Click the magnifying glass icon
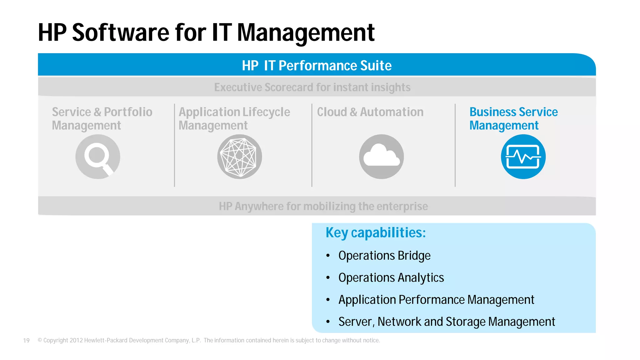(98, 157)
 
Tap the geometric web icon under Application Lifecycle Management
(239, 157)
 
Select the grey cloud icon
(381, 157)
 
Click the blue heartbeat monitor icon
(523, 157)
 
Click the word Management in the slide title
(306, 33)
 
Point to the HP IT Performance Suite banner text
(317, 66)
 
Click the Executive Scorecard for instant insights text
(312, 87)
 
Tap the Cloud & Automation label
(370, 112)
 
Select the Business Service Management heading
(513, 118)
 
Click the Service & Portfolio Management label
(102, 118)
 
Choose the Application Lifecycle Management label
(234, 118)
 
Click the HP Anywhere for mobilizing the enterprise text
(323, 206)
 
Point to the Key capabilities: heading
(376, 232)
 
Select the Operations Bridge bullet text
(384, 256)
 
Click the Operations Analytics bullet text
(391, 277)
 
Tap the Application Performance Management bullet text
(436, 300)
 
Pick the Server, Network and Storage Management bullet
(447, 322)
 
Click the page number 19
(26, 341)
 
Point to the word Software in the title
(120, 33)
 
